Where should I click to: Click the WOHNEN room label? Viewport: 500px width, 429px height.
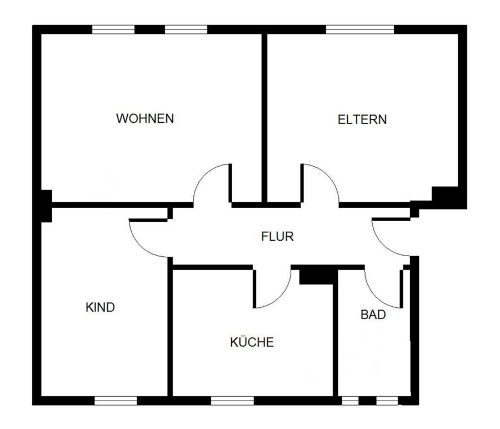(x=145, y=118)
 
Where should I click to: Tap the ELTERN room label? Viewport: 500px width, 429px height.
(x=362, y=119)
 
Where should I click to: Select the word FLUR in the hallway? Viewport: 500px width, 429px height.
(x=277, y=236)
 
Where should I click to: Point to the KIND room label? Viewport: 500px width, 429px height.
(x=100, y=307)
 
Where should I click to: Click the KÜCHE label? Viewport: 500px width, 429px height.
(x=252, y=342)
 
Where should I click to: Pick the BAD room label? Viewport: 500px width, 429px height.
(x=373, y=315)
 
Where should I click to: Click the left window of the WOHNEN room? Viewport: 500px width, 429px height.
(x=113, y=29)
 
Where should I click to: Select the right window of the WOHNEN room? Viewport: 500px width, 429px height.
(x=186, y=29)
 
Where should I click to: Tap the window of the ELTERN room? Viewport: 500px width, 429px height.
(x=360, y=29)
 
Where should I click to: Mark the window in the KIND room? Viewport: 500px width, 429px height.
(x=116, y=401)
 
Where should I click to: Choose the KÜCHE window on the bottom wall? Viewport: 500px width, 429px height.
(x=232, y=401)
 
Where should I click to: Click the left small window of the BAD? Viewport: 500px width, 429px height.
(x=350, y=401)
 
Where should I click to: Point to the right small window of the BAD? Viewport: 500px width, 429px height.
(x=387, y=401)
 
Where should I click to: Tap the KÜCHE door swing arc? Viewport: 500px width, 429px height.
(x=281, y=297)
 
